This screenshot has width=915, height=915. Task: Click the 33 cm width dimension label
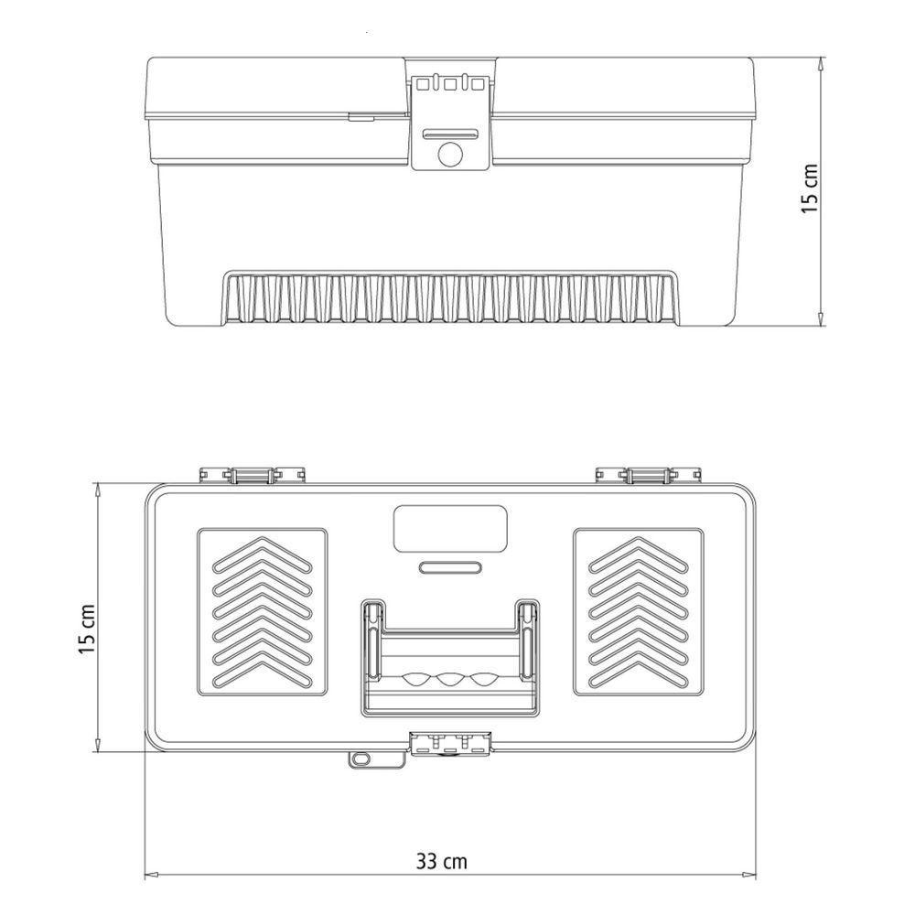tap(441, 861)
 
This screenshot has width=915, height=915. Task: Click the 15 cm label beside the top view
tap(87, 630)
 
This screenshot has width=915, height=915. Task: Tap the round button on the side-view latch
tap(450, 154)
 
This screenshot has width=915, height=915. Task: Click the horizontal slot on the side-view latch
tap(450, 134)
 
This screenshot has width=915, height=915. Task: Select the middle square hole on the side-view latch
tap(450, 84)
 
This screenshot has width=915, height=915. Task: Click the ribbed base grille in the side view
tap(452, 297)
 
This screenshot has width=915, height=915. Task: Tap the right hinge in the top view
tap(648, 475)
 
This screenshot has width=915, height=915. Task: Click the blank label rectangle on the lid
tap(450, 529)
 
